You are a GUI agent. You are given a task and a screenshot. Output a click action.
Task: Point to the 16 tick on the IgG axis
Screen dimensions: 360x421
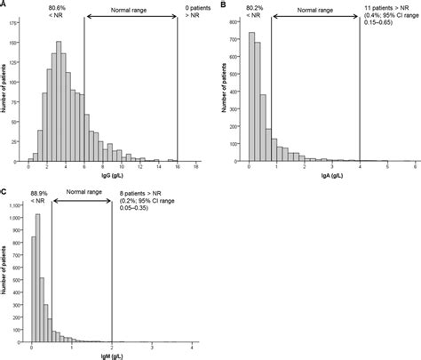(177, 167)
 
